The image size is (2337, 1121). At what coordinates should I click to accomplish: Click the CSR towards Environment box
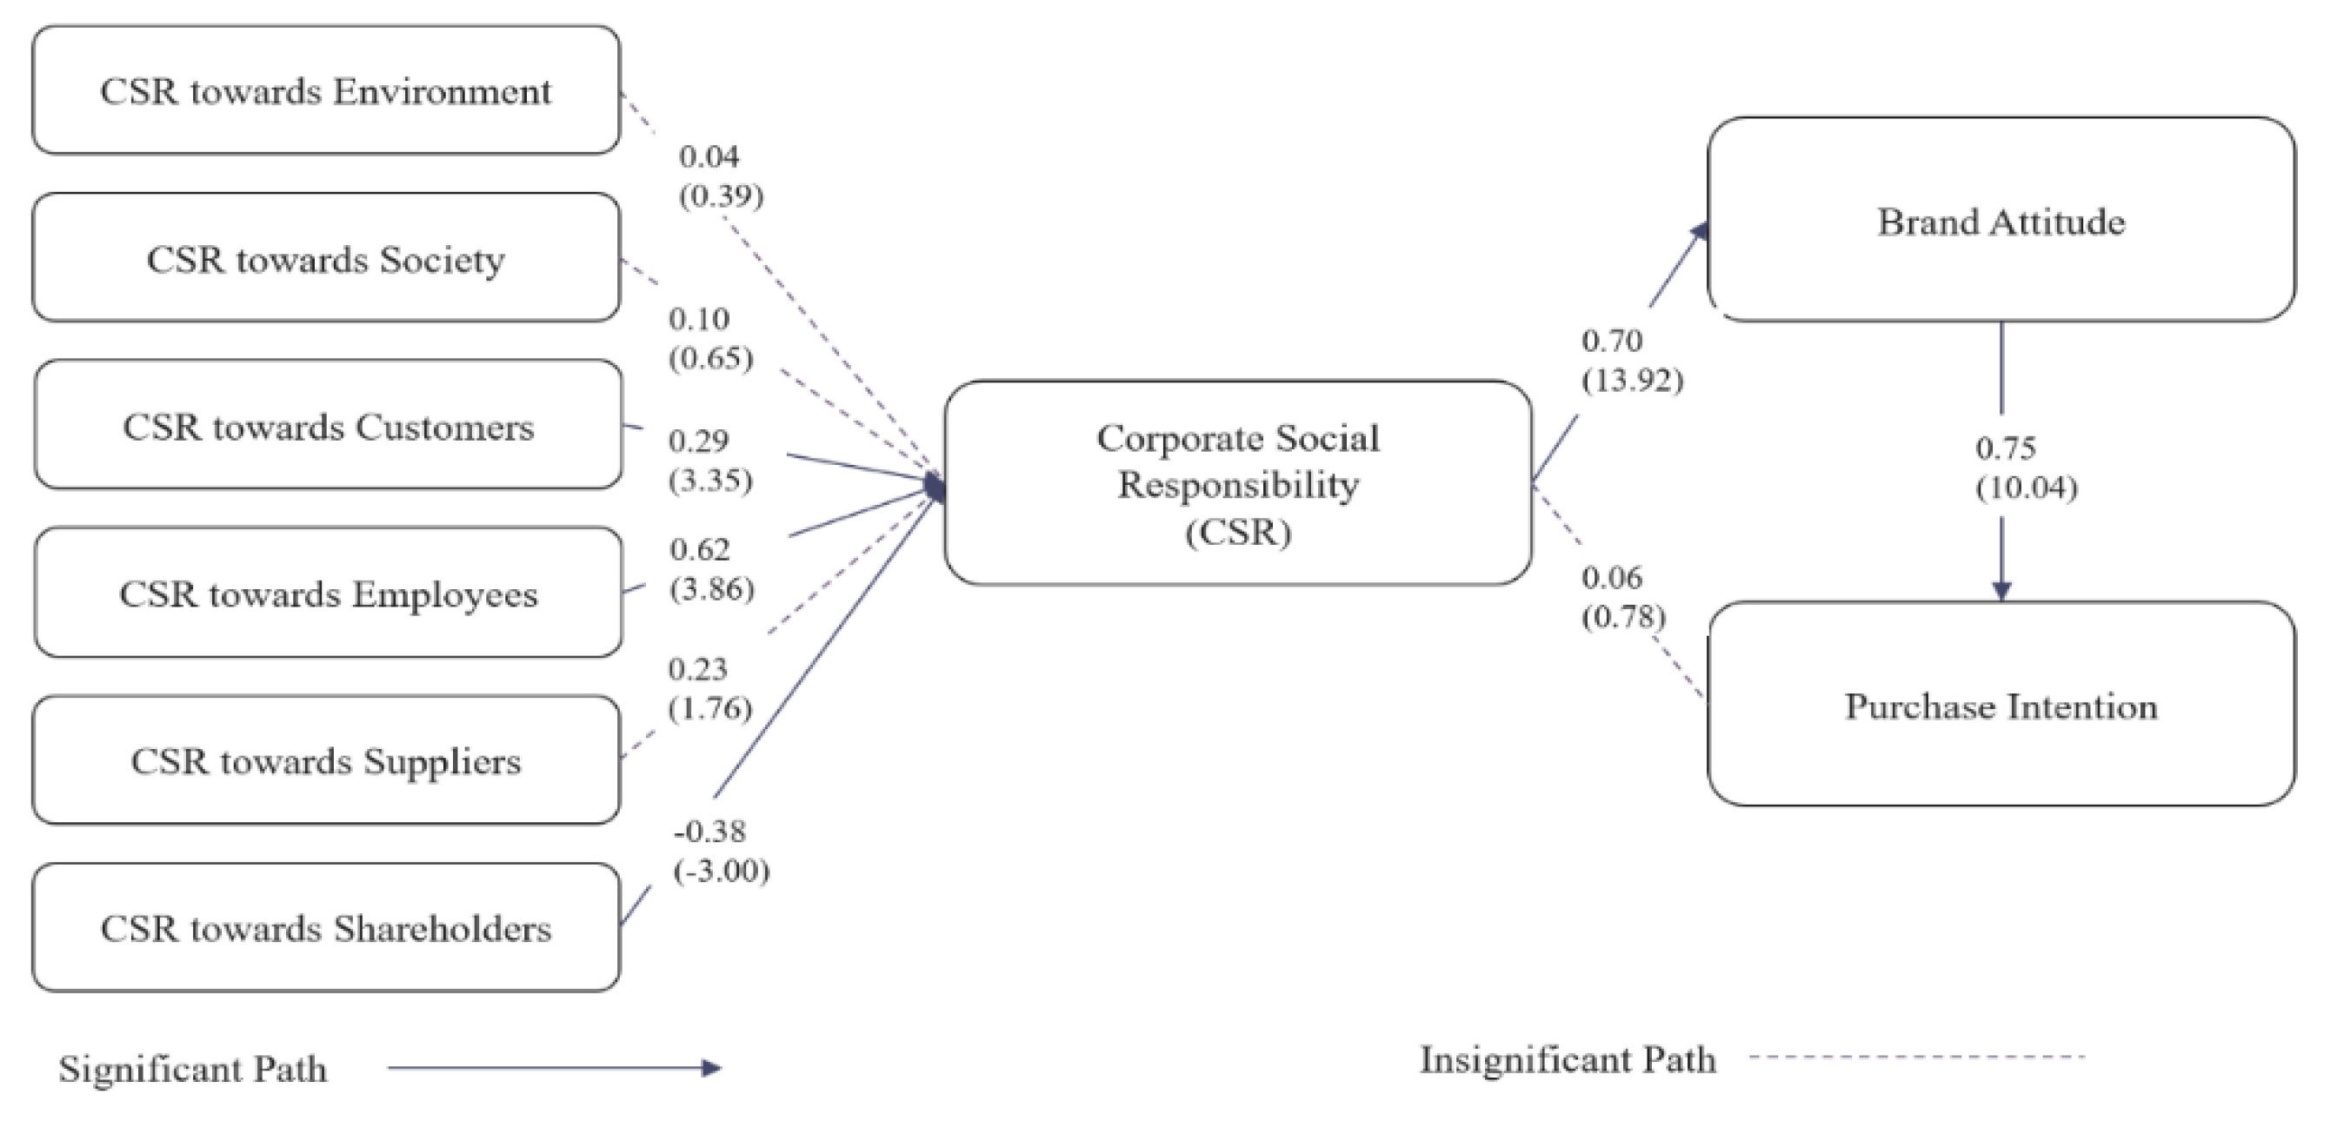click(x=326, y=90)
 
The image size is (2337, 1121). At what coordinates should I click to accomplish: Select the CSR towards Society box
click(x=326, y=258)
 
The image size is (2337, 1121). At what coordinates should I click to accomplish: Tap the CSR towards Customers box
click(x=329, y=427)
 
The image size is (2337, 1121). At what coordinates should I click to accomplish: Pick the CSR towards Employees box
click(x=329, y=594)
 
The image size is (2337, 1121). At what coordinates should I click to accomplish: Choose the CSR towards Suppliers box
click(x=326, y=761)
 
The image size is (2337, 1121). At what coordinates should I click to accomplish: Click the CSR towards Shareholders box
click(x=326, y=928)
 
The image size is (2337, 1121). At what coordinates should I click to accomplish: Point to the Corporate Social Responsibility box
click(x=1237, y=483)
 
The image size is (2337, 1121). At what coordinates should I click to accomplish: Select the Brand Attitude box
click(x=2001, y=222)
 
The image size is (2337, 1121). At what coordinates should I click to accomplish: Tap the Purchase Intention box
click(x=2001, y=706)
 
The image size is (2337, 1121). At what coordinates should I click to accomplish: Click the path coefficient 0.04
click(x=709, y=157)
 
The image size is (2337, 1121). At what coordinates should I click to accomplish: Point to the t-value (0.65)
click(x=711, y=358)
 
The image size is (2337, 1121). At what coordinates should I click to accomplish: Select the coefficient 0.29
click(x=698, y=441)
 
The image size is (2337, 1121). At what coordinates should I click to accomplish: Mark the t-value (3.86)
click(x=712, y=589)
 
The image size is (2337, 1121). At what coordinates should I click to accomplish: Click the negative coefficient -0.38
click(x=710, y=832)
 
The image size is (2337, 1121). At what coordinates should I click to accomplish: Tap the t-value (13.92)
click(x=1632, y=380)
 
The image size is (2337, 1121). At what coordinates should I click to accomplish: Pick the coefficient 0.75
click(x=2005, y=448)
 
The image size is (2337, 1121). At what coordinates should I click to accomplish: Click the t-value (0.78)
click(x=1624, y=617)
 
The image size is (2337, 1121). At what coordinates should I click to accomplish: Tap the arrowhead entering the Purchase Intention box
click(x=2001, y=589)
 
